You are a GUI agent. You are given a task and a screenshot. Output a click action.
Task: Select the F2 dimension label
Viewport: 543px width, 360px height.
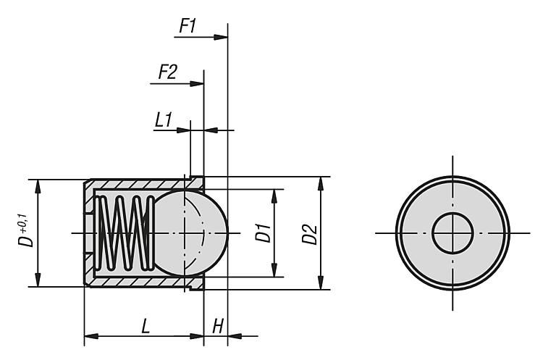pyautogui.click(x=167, y=72)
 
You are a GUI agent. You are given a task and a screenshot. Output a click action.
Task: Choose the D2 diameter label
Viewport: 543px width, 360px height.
pyautogui.click(x=310, y=234)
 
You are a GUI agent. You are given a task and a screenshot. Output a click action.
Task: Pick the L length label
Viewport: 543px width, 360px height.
pyautogui.click(x=146, y=327)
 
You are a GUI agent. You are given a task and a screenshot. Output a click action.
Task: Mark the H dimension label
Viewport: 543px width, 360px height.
pyautogui.click(x=216, y=327)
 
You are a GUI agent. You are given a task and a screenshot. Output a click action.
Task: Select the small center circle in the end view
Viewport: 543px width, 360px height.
pyautogui.click(x=452, y=233)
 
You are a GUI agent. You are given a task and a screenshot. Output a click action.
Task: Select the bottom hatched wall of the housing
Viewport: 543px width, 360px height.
pyautogui.click(x=138, y=280)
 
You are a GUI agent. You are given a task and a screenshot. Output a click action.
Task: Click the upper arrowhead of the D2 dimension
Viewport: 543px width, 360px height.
pyautogui.click(x=321, y=182)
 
